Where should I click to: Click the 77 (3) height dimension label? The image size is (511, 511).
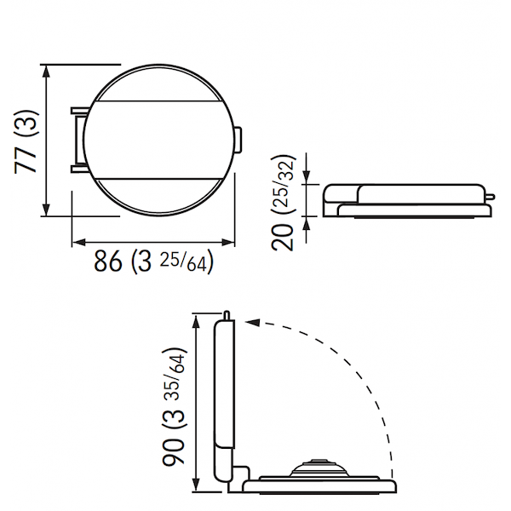pos(26,141)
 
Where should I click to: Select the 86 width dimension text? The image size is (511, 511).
pos(108,261)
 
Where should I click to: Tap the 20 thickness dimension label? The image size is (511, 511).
pos(282,237)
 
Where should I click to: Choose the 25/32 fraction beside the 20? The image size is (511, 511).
pos(284,184)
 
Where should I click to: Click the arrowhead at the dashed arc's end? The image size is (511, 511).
pos(253,322)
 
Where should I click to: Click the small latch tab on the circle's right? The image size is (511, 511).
pos(238,140)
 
